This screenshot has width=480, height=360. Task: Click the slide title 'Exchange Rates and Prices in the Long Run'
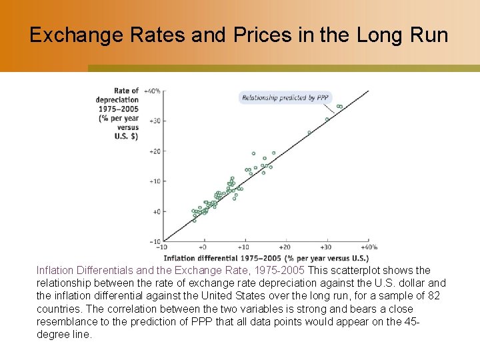[239, 35]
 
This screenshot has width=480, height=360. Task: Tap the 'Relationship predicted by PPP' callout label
[285, 97]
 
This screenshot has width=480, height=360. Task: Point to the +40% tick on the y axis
[151, 91]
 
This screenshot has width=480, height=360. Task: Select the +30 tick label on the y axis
[154, 121]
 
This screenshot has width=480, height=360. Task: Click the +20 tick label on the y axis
[154, 151]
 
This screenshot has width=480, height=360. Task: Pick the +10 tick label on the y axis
[154, 181]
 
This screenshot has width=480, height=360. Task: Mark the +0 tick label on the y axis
[155, 212]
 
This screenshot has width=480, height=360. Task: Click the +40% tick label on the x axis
[369, 247]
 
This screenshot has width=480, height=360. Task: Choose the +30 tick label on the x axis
[327, 247]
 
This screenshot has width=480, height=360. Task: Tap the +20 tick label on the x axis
[286, 247]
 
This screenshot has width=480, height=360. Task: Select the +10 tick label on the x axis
[245, 247]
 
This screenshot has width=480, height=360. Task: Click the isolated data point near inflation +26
[309, 133]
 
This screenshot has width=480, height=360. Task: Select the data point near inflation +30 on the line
[327, 119]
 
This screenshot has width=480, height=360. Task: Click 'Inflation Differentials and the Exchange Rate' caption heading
[170, 271]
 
